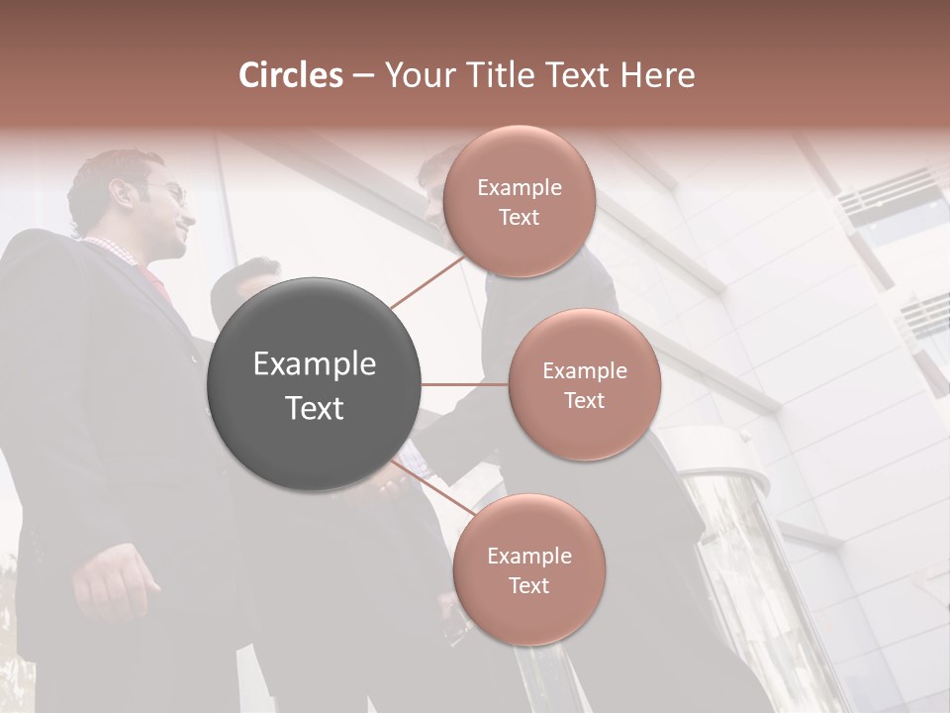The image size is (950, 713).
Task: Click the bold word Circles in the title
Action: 290,75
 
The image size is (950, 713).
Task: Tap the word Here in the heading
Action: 657,75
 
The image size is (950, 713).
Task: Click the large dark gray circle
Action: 315,384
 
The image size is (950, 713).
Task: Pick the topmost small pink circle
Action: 519,201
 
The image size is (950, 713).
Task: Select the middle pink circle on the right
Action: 585,384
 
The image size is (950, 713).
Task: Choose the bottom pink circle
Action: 529,569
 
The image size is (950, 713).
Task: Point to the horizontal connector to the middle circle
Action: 465,384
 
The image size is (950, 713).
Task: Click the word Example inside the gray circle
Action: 315,364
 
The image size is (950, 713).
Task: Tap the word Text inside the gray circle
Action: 315,408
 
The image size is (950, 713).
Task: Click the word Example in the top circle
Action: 520,188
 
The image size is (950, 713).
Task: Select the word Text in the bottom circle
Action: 529,585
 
